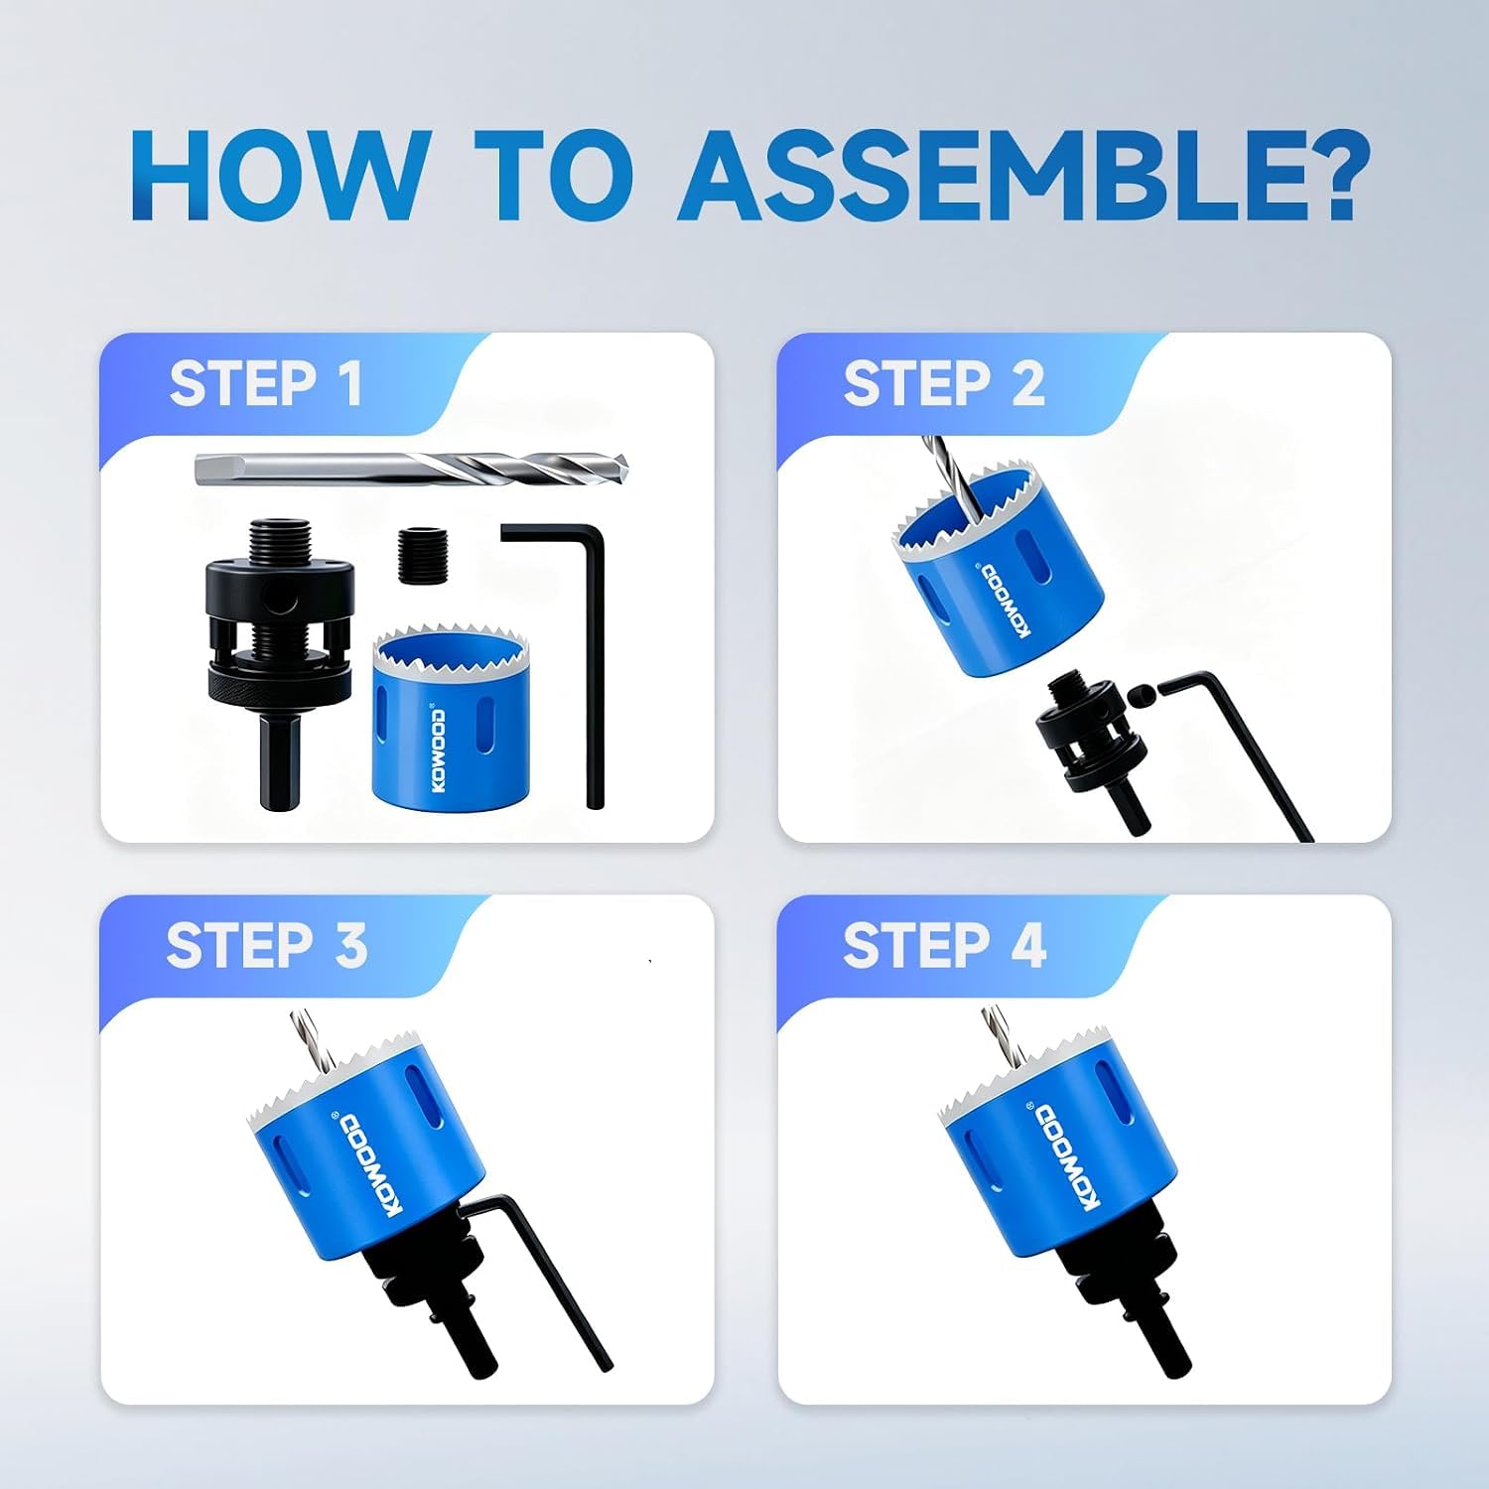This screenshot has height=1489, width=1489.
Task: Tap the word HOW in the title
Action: tap(276, 176)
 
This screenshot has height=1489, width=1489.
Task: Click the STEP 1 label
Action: tap(266, 384)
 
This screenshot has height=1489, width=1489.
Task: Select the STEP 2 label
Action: tap(944, 384)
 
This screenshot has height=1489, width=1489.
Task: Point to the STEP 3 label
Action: tap(267, 945)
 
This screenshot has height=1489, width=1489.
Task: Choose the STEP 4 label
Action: tap(944, 945)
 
